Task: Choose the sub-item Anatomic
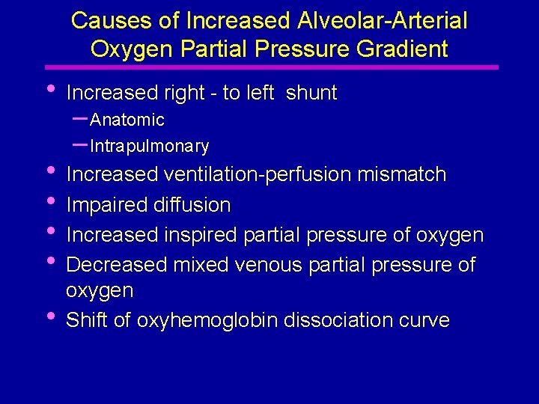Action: tap(127, 120)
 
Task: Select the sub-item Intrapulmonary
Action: tap(149, 146)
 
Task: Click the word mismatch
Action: tap(401, 175)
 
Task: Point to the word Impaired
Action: tap(103, 204)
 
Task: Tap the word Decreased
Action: tap(117, 266)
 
